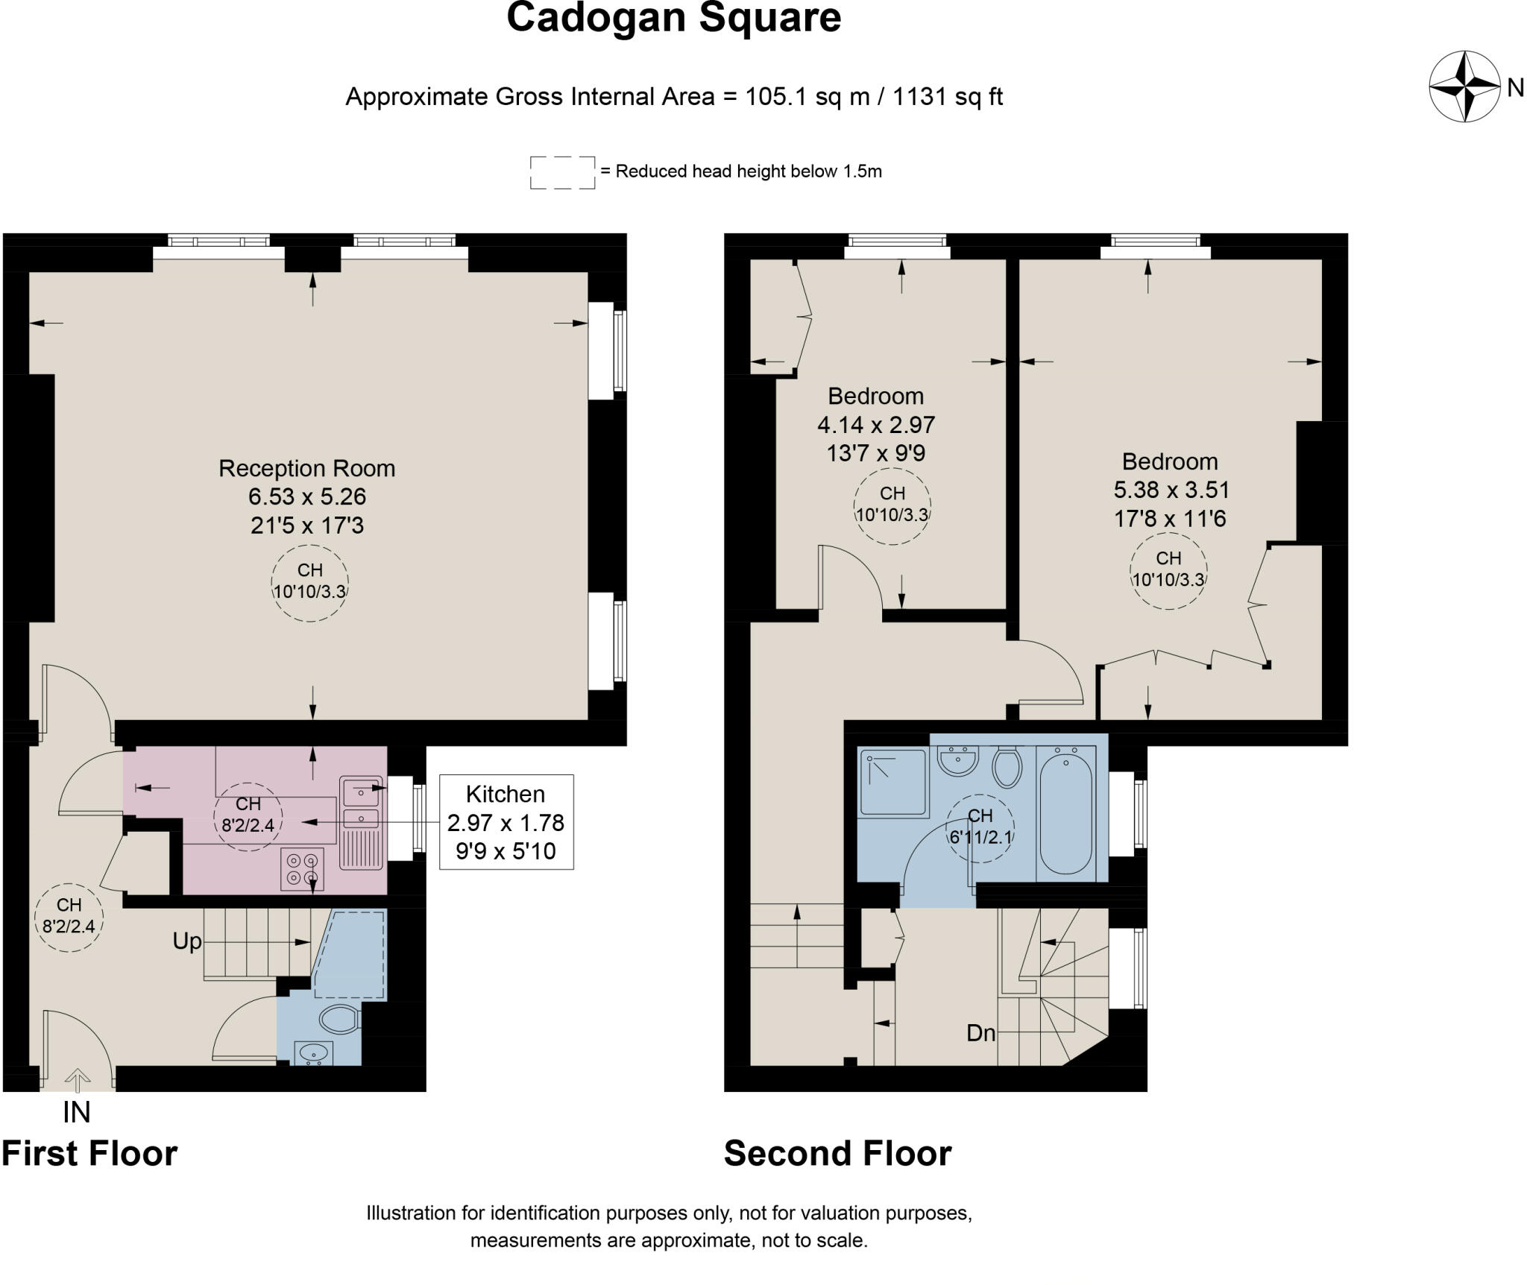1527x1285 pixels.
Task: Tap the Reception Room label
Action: pos(306,468)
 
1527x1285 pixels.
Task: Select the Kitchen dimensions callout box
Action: pos(506,821)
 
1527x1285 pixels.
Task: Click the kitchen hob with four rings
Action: pos(303,869)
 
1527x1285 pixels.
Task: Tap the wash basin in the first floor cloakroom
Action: pos(315,1052)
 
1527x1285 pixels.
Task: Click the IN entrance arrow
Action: pos(77,1080)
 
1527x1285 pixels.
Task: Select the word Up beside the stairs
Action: pos(186,941)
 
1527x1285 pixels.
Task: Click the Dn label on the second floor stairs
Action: pos(980,1033)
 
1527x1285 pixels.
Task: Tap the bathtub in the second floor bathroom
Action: pos(1065,812)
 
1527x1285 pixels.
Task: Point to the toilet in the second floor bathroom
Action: pos(1007,767)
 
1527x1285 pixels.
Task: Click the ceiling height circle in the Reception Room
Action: pos(309,581)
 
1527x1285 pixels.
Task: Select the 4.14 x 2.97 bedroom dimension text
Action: pos(875,425)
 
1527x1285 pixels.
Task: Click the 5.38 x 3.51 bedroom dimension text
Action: pos(1171,490)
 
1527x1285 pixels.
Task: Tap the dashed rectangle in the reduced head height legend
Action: pos(562,172)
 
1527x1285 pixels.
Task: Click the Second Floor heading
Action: pos(837,1155)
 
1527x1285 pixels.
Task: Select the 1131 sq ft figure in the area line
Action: pos(947,97)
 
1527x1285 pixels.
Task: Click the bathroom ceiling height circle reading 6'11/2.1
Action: pos(979,827)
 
